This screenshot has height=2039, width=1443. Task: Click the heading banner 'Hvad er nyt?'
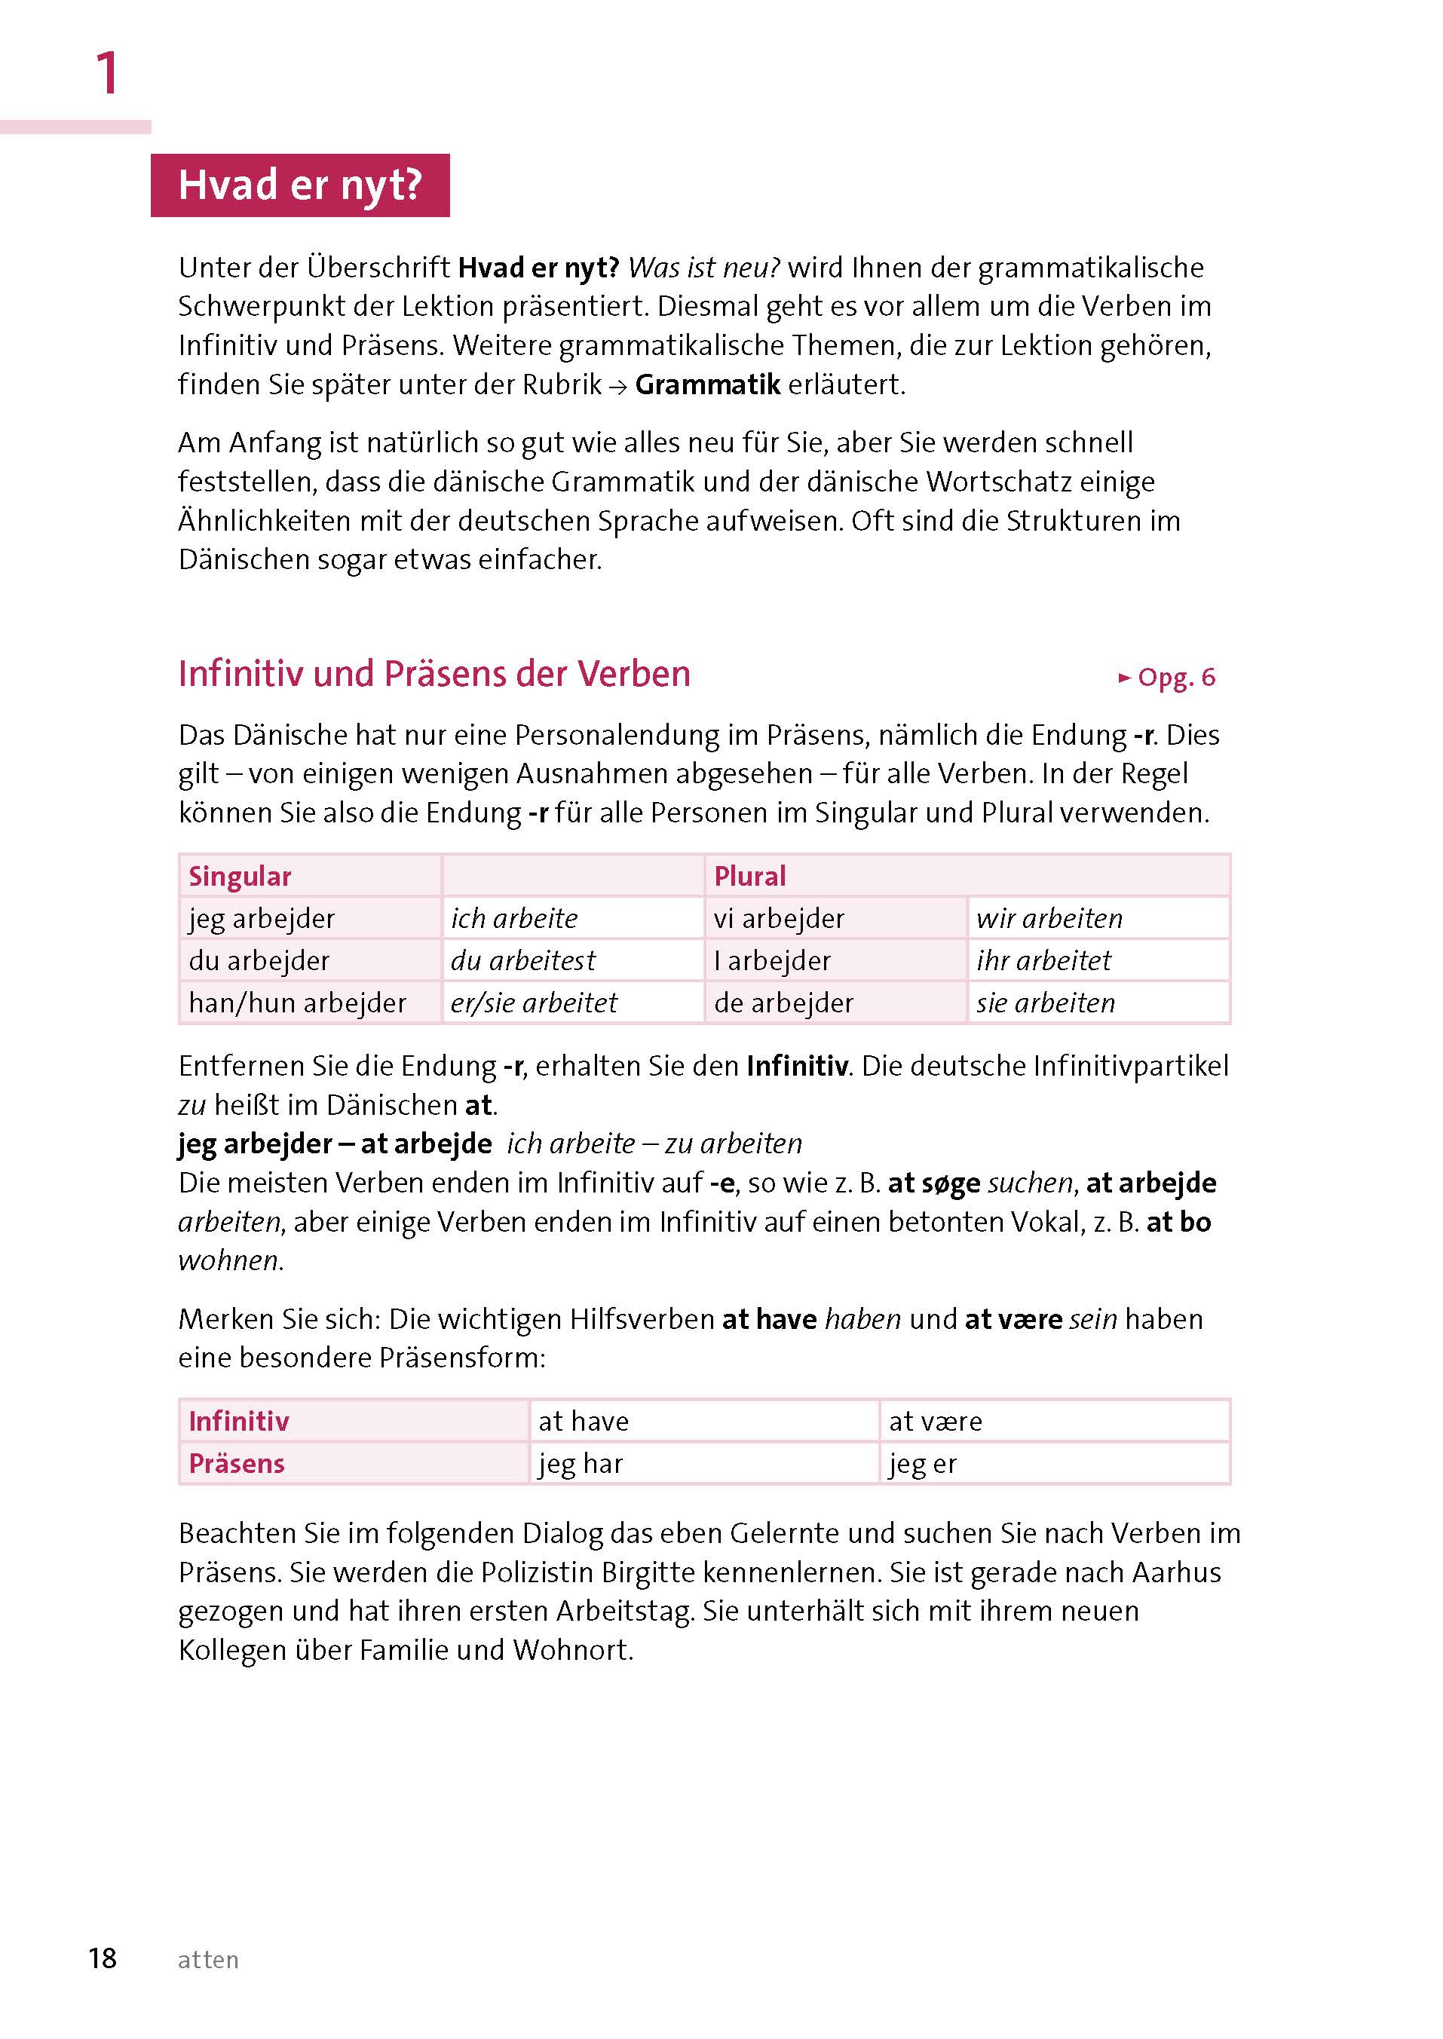(299, 185)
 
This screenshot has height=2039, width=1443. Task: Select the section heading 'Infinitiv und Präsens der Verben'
(434, 675)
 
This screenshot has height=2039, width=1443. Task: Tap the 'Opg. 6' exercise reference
(1168, 678)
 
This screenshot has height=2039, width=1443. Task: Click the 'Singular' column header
(240, 876)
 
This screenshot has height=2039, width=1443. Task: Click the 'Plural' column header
(750, 876)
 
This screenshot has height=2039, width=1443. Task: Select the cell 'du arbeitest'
(522, 960)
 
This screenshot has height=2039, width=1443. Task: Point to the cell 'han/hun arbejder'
(297, 1003)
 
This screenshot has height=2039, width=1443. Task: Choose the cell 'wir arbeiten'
(1049, 918)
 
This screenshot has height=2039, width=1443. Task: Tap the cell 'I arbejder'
(771, 960)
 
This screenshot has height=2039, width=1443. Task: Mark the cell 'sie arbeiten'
(1045, 1003)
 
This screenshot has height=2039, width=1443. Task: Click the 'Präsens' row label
(237, 1463)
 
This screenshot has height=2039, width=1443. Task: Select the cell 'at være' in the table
(936, 1422)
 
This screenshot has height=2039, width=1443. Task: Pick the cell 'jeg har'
(581, 1463)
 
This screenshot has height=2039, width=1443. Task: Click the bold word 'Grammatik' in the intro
(707, 384)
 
